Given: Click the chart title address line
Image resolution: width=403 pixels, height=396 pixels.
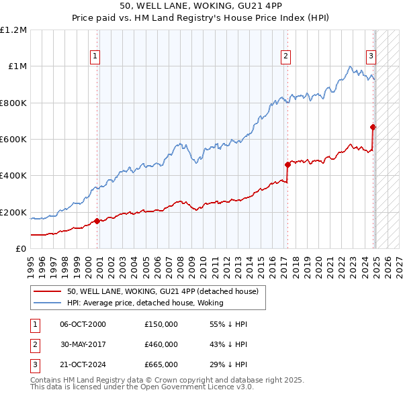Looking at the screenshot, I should [x=201, y=7].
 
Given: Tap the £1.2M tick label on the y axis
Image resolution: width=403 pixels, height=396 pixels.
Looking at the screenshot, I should [x=13, y=30].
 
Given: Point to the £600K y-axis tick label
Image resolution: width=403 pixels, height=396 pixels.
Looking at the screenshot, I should [x=13, y=140].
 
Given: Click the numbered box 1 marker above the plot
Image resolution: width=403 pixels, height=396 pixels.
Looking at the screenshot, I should [x=96, y=57].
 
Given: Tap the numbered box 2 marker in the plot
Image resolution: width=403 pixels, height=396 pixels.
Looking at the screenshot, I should [x=286, y=57].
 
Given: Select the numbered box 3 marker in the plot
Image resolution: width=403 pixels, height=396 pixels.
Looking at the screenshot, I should [x=370, y=57].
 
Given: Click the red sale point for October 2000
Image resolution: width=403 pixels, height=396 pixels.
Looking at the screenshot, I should [x=97, y=221].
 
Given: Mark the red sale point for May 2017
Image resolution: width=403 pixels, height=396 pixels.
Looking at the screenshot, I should [x=287, y=164].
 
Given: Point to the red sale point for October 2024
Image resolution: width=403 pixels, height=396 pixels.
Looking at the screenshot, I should [x=373, y=127].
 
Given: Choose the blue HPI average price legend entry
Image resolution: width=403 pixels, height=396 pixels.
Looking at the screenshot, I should [x=145, y=303].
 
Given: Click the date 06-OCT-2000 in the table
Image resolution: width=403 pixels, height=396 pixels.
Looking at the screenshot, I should [x=83, y=324].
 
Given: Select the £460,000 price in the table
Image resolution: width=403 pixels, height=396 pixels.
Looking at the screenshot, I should [x=161, y=344].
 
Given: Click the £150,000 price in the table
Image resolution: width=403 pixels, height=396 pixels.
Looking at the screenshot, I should [x=161, y=324].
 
